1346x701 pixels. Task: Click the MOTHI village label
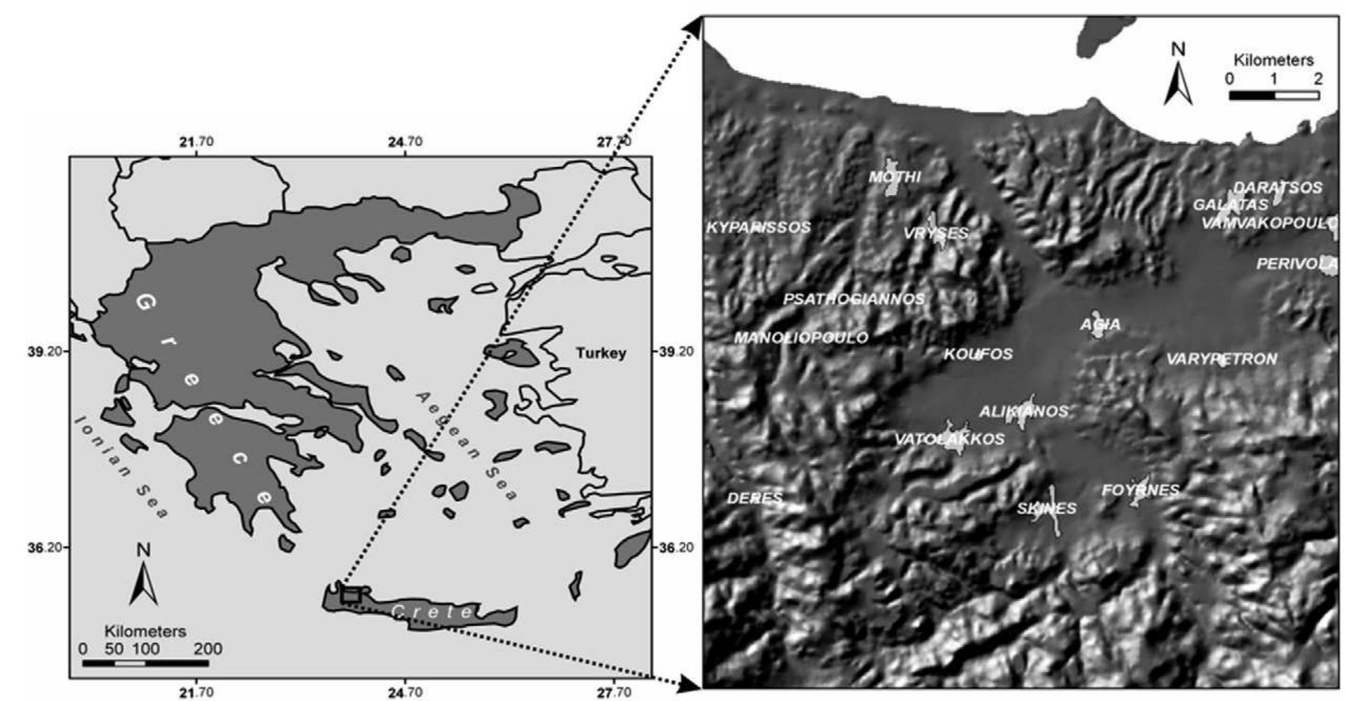pyautogui.click(x=895, y=177)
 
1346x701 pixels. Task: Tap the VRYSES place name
pyautogui.click(x=936, y=233)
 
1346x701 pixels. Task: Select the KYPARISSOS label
pyautogui.click(x=759, y=227)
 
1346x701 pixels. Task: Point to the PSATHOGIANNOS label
pyautogui.click(x=854, y=299)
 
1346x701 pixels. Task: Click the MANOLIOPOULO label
pyautogui.click(x=801, y=338)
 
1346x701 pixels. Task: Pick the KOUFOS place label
pyautogui.click(x=978, y=354)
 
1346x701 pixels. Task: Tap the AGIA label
pyautogui.click(x=1100, y=324)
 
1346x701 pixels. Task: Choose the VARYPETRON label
pyautogui.click(x=1222, y=359)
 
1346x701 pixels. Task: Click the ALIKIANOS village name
pyautogui.click(x=1023, y=411)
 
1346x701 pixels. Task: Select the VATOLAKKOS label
pyautogui.click(x=949, y=439)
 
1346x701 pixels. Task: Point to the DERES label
pyautogui.click(x=754, y=498)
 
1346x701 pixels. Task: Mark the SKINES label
pyautogui.click(x=1046, y=508)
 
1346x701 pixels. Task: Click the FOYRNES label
pyautogui.click(x=1140, y=490)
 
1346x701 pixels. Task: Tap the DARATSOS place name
pyautogui.click(x=1278, y=187)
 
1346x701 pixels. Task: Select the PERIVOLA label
pyautogui.click(x=1296, y=263)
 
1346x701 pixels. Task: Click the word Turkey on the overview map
pyautogui.click(x=601, y=353)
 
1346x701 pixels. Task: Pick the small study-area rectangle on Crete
pyautogui.click(x=351, y=595)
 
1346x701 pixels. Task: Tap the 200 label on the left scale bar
pyautogui.click(x=208, y=649)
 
